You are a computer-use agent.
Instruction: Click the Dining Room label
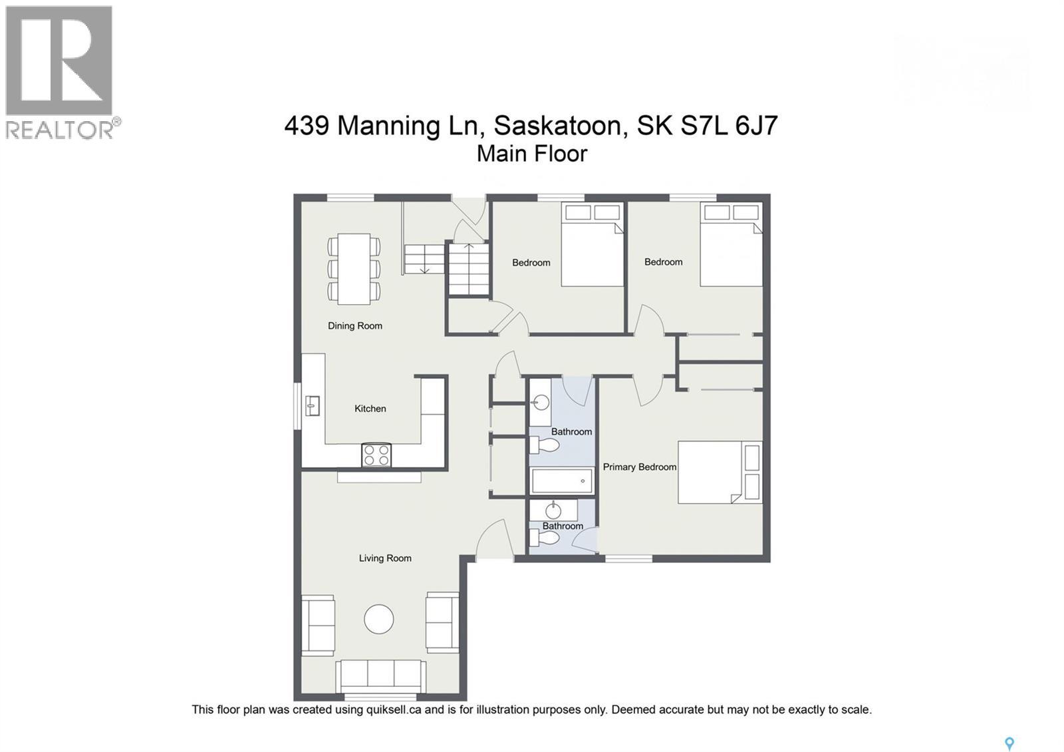354,326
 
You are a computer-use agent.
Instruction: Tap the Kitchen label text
370,409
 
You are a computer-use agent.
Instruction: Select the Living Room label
385,558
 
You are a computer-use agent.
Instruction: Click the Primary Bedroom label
639,467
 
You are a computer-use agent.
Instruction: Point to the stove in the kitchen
376,455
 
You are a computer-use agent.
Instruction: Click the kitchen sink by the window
312,405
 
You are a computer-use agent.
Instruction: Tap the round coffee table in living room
379,619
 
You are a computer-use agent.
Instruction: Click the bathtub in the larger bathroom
562,480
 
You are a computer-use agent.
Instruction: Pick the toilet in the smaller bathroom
543,538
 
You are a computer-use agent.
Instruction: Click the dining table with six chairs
354,269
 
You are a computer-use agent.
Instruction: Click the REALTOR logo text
60,129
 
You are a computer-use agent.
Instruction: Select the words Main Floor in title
532,154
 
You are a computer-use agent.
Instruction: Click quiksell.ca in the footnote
393,710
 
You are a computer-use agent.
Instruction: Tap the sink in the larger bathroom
541,402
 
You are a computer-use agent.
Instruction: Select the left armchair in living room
318,625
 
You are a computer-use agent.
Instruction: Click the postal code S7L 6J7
729,125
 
